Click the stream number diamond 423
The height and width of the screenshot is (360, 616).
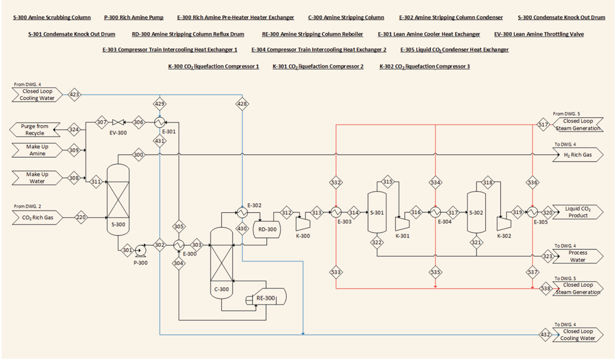tap(74, 95)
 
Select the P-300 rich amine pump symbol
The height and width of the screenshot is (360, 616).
tap(140, 250)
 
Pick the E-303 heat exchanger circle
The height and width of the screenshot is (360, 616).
tap(336, 212)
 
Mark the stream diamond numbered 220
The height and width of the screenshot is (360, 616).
tap(81, 218)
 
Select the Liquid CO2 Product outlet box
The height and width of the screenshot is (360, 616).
tap(576, 212)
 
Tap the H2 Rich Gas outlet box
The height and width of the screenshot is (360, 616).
tap(576, 155)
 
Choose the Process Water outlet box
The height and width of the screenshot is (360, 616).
tap(576, 256)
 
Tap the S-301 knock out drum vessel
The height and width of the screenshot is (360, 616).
tap(377, 212)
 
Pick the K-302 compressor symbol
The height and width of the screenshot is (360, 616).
tap(503, 224)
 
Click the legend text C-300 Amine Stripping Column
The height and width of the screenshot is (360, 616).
tap(346, 18)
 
